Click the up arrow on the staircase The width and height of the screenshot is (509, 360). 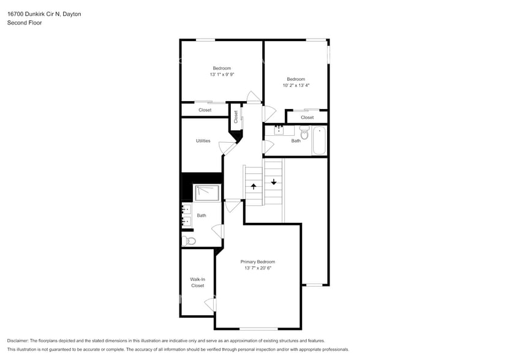pos(254,186)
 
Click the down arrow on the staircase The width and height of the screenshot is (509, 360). pos(274,181)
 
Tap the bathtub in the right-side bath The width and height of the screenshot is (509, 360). pos(319,141)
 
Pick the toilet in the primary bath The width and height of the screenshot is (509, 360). pos(189,241)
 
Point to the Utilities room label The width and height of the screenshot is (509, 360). pos(203,141)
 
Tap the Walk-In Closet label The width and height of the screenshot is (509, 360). pos(197,282)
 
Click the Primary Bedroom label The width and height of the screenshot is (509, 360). pos(257,261)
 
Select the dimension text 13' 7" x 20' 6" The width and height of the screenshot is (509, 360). pos(257,268)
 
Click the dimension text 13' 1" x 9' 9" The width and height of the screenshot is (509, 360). pos(222,74)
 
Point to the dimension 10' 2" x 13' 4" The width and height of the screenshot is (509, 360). pos(296,85)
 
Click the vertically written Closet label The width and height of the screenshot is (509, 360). pos(235,116)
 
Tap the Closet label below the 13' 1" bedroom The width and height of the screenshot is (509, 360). pos(205,110)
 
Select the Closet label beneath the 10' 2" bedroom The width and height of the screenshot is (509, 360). pos(307,118)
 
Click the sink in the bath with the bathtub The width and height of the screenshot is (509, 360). pos(279,130)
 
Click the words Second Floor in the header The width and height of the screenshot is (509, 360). pos(21,23)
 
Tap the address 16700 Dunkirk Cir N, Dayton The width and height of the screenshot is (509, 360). pos(43,13)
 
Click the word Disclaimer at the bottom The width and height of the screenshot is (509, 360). pos(18,340)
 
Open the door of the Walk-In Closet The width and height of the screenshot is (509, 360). pos(211,304)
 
